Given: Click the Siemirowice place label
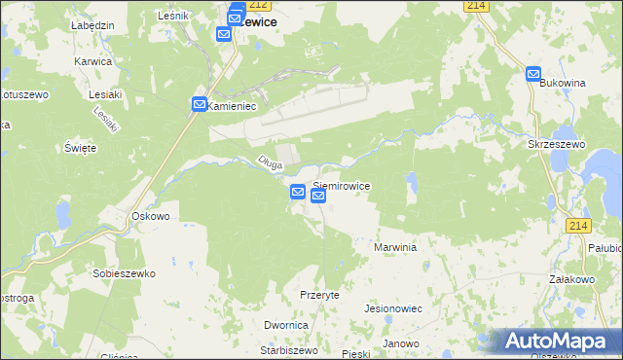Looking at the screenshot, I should coord(341,184).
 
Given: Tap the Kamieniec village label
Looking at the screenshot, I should coord(232,107).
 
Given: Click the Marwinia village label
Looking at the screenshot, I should coord(395,247).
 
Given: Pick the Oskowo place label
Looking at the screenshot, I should coord(151,216).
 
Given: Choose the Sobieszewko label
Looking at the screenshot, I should coord(124,273).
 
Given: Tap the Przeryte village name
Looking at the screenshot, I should coord(319,295).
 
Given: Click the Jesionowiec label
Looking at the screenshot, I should coord(391,307).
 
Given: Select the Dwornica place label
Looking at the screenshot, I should coord(286,325).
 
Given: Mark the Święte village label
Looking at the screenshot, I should coord(80,148).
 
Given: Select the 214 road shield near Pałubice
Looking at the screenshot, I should coord(578,226).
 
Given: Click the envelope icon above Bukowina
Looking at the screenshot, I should coord(533,73).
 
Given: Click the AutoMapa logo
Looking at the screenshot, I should coord(557,341).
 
